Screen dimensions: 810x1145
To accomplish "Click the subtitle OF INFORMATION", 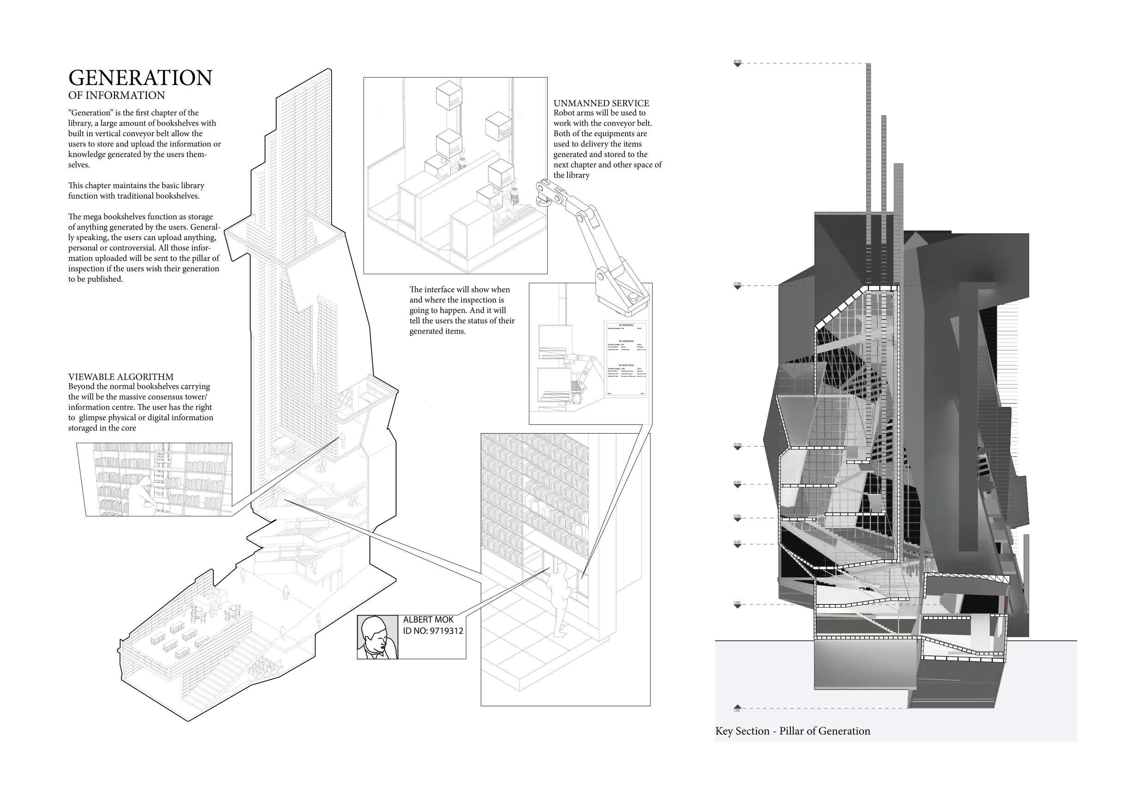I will point(116,95).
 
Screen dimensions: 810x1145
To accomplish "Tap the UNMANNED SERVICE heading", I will point(601,103).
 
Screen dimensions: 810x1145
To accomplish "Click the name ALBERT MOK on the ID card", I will point(428,619).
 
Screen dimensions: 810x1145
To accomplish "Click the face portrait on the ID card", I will point(378,637).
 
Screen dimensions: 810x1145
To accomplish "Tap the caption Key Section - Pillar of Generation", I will point(792,731).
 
